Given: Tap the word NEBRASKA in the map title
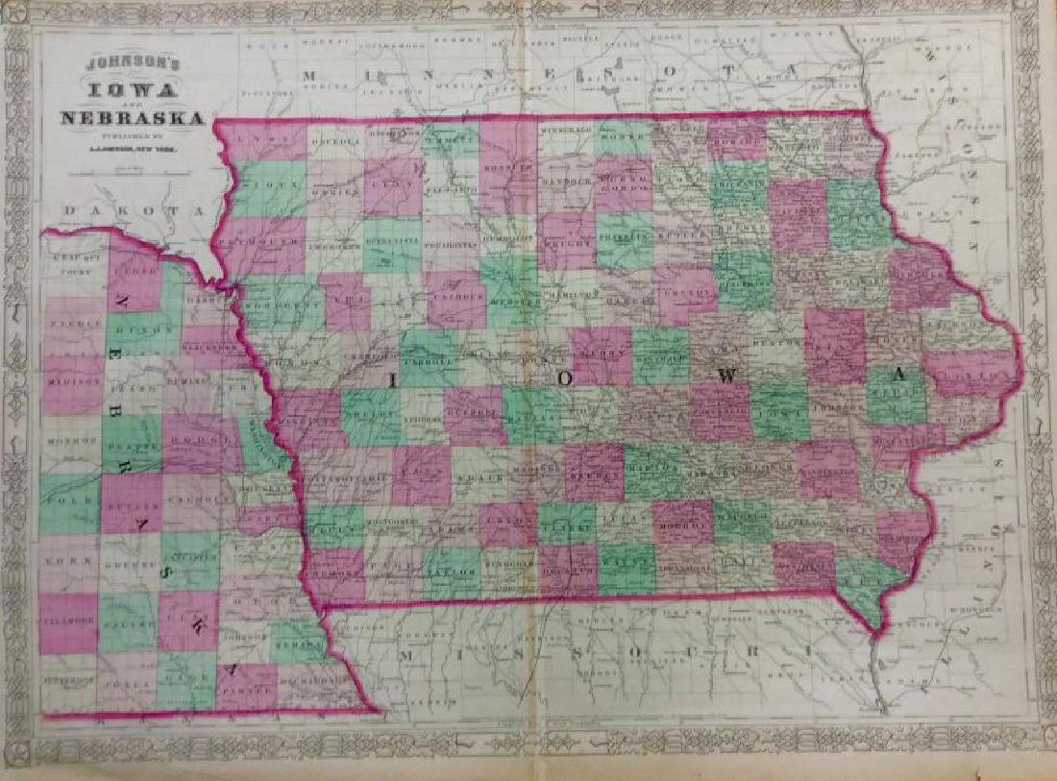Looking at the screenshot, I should click(x=132, y=119).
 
